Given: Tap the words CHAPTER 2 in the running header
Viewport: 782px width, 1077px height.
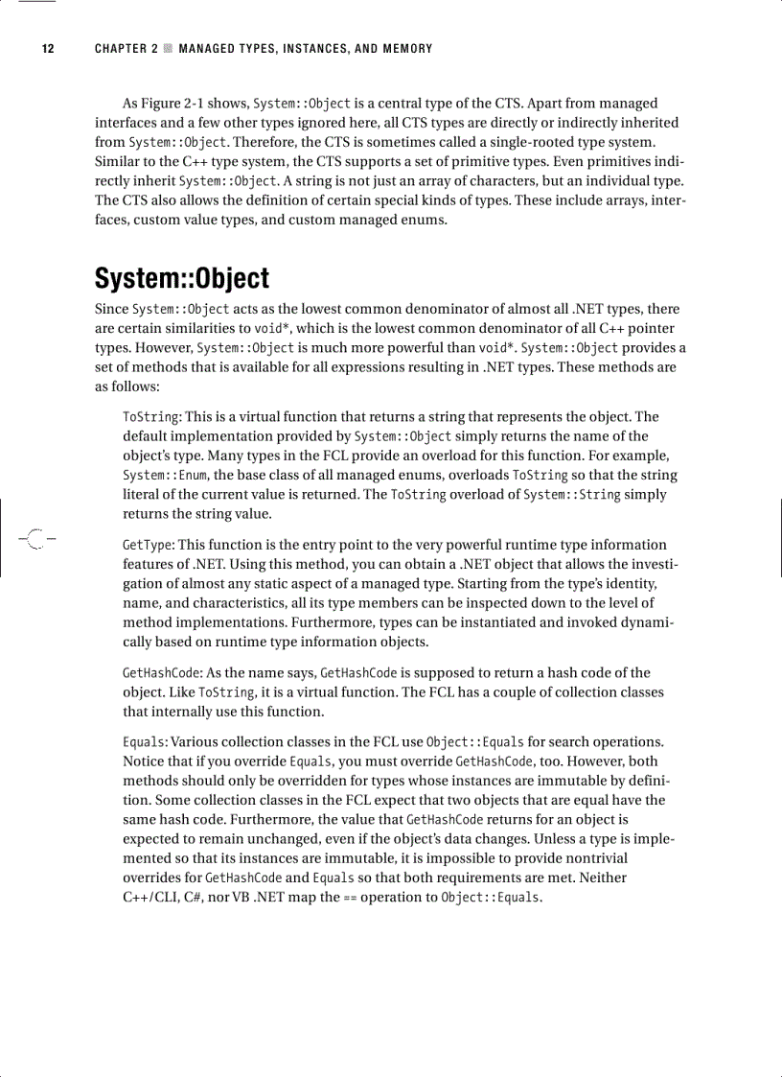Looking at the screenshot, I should point(126,49).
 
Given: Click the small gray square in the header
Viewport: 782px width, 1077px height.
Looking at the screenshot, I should point(168,49).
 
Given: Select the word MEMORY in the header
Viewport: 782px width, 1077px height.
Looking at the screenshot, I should point(407,49).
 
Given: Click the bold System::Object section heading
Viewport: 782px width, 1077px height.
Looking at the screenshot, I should point(181,279).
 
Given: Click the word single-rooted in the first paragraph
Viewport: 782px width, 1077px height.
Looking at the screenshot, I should point(540,142).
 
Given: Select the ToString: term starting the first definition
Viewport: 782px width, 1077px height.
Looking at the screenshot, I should point(152,416).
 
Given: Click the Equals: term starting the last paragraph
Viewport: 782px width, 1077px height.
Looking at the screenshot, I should point(146,741).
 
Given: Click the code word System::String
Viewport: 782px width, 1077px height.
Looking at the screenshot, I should point(572,495).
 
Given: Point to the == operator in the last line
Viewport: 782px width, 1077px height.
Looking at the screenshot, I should point(350,898).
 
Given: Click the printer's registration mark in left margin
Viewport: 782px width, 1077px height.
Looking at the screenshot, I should point(35,539).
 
